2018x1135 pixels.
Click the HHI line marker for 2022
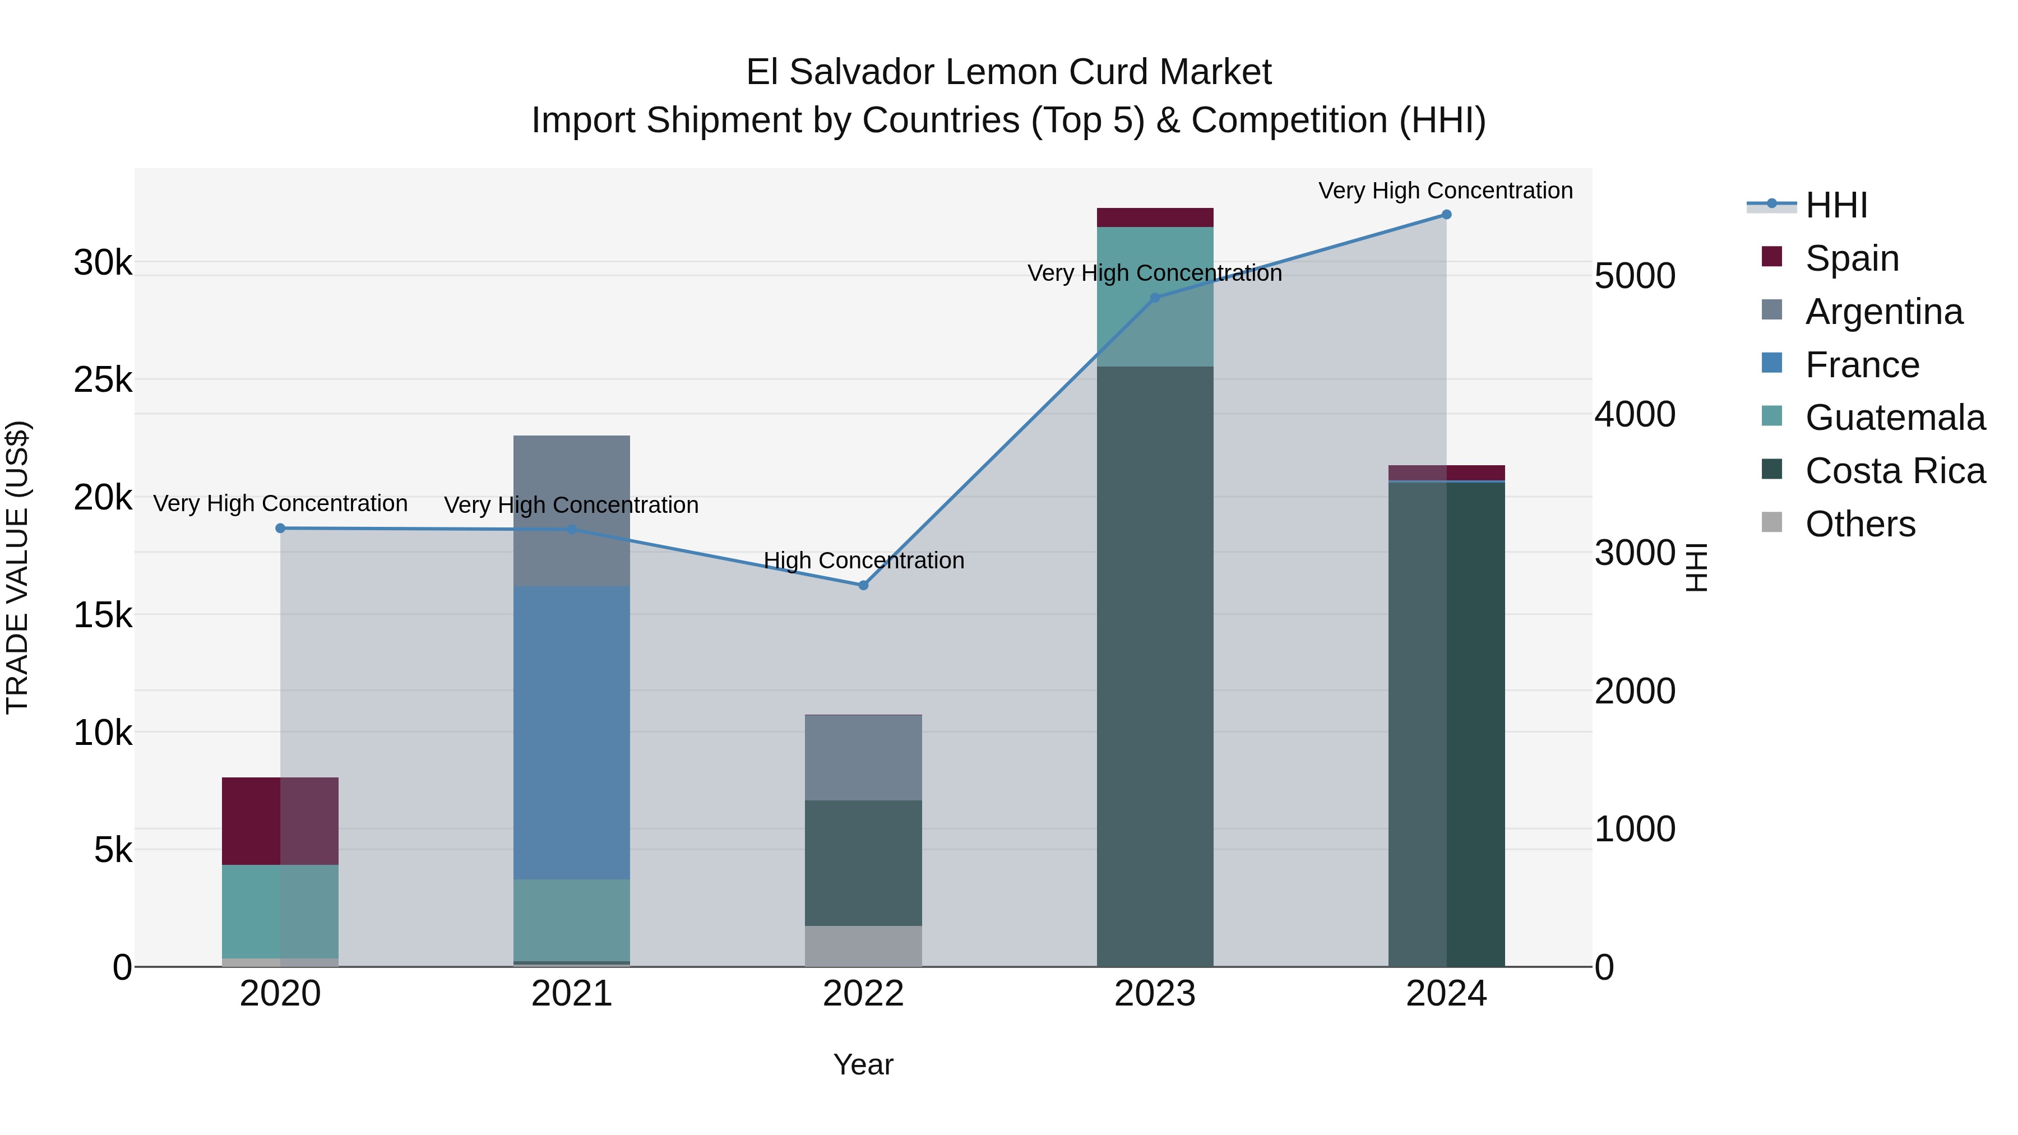(863, 585)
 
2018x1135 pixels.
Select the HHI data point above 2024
(1446, 215)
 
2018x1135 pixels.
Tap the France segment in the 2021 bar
(571, 733)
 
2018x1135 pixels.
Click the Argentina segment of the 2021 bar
(571, 511)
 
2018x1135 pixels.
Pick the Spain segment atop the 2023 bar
(1155, 218)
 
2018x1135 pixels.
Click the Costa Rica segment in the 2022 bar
(863, 863)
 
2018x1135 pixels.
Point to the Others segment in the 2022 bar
(863, 946)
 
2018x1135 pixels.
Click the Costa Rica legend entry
(1894, 471)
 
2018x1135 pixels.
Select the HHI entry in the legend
(1835, 205)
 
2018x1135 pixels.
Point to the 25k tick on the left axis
(103, 380)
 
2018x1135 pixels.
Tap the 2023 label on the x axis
(1155, 994)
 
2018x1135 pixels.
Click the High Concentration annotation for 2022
(863, 561)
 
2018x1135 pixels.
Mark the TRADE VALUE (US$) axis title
(17, 567)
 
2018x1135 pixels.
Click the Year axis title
(863, 1064)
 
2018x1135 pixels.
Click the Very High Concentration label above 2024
(1445, 191)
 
